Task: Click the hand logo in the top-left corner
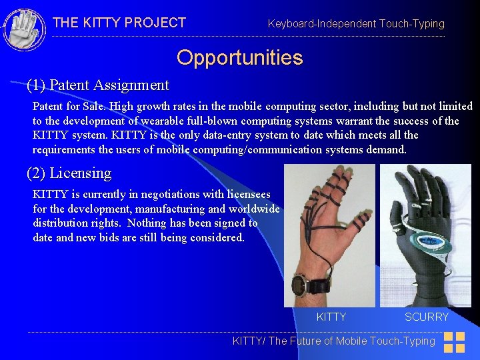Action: tap(25, 29)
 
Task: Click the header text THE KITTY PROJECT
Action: tap(119, 23)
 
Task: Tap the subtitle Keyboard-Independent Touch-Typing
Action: tap(356, 24)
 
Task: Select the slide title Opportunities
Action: tap(239, 58)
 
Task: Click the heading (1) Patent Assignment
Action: tap(98, 85)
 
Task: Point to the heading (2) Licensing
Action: tap(69, 173)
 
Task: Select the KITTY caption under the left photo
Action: tap(331, 317)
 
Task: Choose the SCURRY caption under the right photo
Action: tap(427, 317)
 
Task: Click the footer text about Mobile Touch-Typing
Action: tap(333, 341)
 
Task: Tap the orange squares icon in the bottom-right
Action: tap(454, 342)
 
